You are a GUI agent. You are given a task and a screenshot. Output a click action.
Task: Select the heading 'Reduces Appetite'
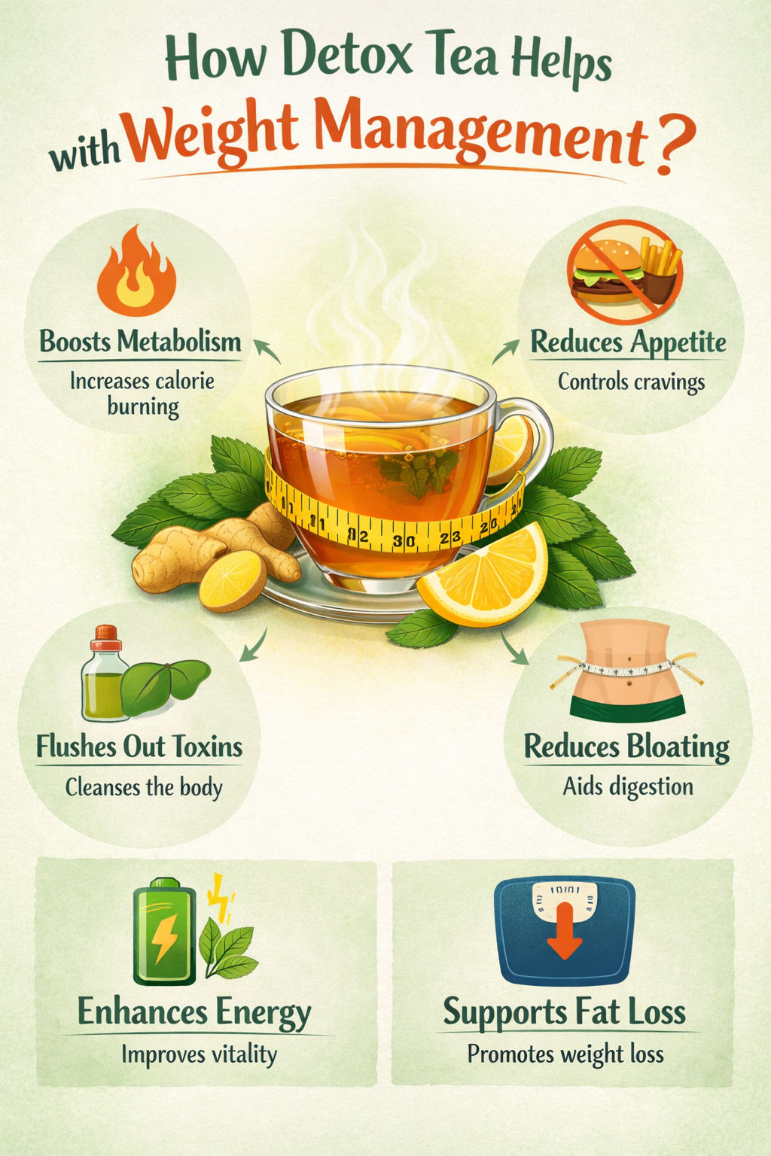pyautogui.click(x=628, y=342)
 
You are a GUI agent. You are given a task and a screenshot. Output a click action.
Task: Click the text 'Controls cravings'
pyautogui.click(x=631, y=382)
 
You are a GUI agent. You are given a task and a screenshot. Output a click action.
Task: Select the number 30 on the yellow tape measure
pyautogui.click(x=404, y=540)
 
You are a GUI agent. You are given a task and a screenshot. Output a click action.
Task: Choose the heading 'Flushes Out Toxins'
pyautogui.click(x=139, y=747)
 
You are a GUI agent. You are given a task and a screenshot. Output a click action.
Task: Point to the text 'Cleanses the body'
pyautogui.click(x=144, y=787)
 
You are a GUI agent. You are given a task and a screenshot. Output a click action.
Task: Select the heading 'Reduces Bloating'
pyautogui.click(x=626, y=747)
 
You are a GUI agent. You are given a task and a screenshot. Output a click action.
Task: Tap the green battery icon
pyautogui.click(x=164, y=933)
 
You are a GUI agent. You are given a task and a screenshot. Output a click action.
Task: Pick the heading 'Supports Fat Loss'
pyautogui.click(x=564, y=1011)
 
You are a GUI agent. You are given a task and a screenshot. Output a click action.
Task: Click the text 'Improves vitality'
pyautogui.click(x=199, y=1054)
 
